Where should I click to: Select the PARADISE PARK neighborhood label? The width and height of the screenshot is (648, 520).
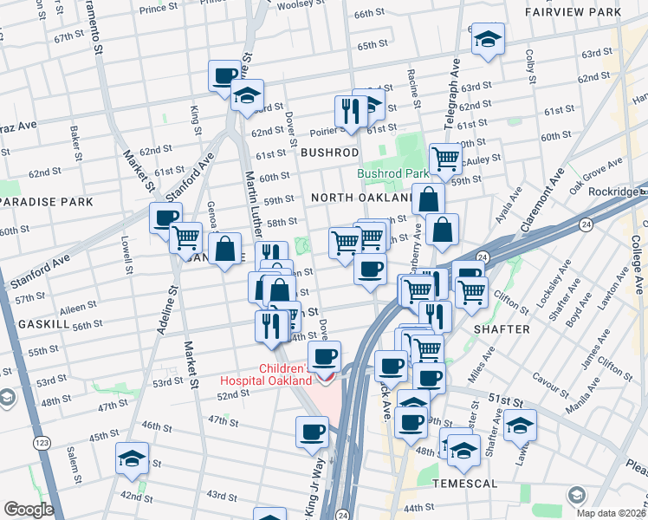point(46,202)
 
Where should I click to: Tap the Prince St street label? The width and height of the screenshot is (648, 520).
point(158,9)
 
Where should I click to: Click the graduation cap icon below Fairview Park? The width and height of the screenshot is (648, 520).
point(488,39)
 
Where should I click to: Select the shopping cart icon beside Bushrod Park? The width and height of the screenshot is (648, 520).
point(445,159)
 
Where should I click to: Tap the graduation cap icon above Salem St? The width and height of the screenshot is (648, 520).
point(132,458)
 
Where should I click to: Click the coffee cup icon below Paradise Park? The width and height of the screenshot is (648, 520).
point(165,218)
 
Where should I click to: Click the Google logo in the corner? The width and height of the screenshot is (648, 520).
point(29,509)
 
